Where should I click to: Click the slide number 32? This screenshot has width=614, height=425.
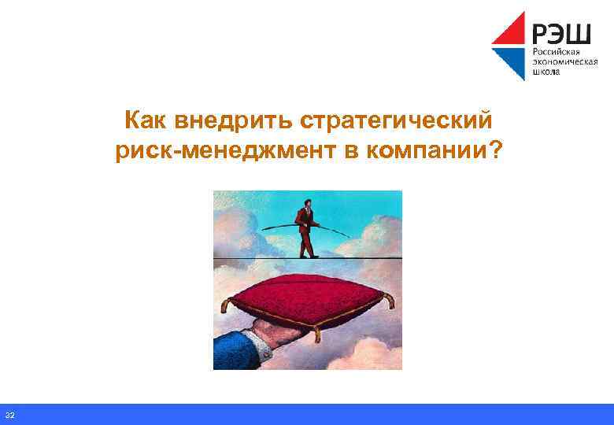coord(9,415)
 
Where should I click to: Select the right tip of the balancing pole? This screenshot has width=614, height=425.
coord(350,235)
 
